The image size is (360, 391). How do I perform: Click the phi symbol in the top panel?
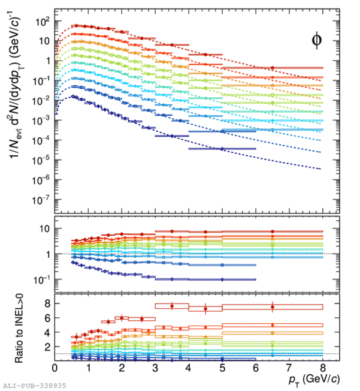(317, 40)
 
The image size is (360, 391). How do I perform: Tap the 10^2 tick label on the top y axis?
(40, 21)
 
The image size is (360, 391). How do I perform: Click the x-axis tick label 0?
(55, 367)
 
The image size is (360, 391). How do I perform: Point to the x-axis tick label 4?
(189, 367)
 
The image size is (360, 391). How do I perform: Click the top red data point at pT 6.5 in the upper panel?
(273, 68)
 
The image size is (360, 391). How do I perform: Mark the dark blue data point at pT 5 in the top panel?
(222, 149)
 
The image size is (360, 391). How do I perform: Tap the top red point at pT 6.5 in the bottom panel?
(273, 307)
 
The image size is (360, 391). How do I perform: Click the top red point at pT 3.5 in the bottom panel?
(172, 306)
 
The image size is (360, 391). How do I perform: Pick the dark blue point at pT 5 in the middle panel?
(222, 279)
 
